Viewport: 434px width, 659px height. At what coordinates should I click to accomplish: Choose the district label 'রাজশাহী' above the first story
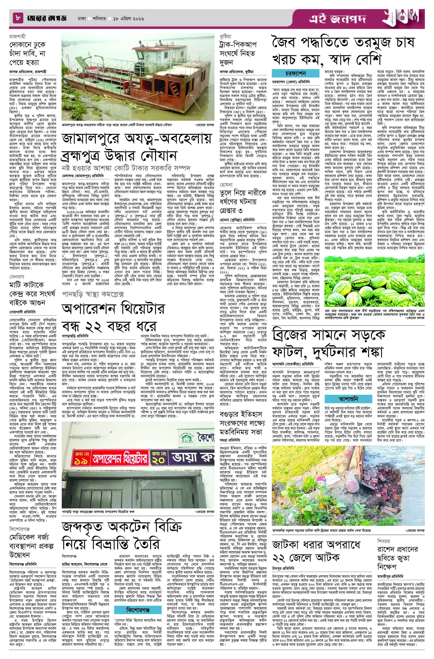click(18, 36)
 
